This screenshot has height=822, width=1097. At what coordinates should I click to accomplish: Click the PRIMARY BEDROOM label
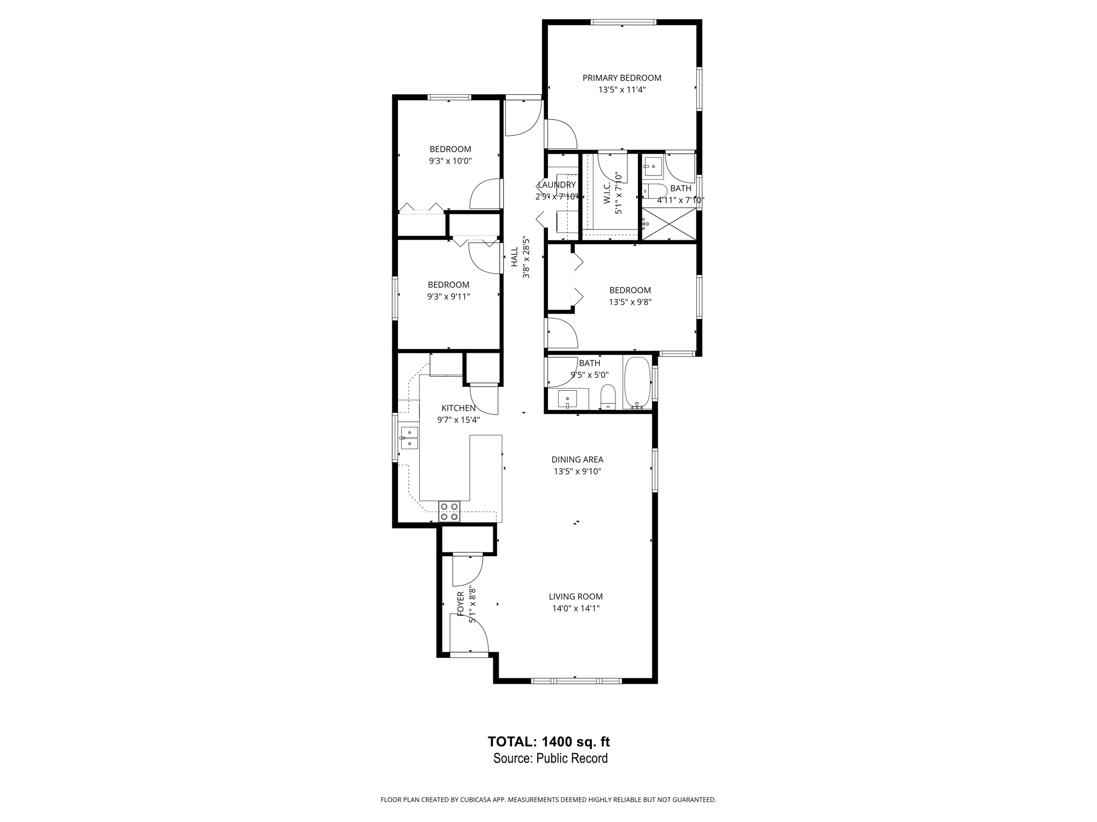(622, 78)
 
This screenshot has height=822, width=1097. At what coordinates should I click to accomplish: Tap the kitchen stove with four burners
(449, 511)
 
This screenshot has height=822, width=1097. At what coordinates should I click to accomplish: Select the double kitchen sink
(409, 438)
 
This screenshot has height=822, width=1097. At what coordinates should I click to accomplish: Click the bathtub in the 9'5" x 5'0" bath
(637, 383)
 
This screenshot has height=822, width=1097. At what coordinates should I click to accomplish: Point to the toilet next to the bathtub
(608, 397)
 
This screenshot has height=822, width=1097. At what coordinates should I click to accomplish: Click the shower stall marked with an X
(668, 224)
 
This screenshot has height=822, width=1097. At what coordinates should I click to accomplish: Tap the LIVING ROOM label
(575, 596)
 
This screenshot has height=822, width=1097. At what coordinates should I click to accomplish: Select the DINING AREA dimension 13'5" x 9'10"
(577, 471)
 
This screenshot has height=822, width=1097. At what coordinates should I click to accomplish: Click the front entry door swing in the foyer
(471, 634)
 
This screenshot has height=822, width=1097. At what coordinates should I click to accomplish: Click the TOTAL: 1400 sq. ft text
(548, 742)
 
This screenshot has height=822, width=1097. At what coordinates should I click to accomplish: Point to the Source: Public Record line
(550, 758)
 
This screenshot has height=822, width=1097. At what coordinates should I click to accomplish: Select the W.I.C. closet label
(607, 193)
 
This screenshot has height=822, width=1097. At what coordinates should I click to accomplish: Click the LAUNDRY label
(557, 185)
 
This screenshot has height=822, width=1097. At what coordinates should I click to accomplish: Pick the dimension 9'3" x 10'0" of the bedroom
(450, 161)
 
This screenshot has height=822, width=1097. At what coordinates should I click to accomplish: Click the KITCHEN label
(458, 408)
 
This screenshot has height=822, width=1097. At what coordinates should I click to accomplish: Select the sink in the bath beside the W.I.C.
(653, 168)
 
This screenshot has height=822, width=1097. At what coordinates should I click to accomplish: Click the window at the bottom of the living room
(576, 681)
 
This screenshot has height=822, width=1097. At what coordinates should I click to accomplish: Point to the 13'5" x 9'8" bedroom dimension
(630, 302)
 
